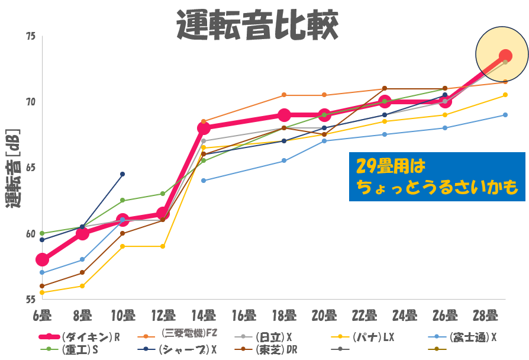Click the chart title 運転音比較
[259, 24]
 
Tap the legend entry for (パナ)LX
[373, 337]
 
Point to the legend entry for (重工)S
[80, 349]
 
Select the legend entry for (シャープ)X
[187, 349]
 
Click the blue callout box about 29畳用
[437, 176]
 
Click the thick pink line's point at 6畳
[42, 259]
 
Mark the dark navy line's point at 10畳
[122, 174]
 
